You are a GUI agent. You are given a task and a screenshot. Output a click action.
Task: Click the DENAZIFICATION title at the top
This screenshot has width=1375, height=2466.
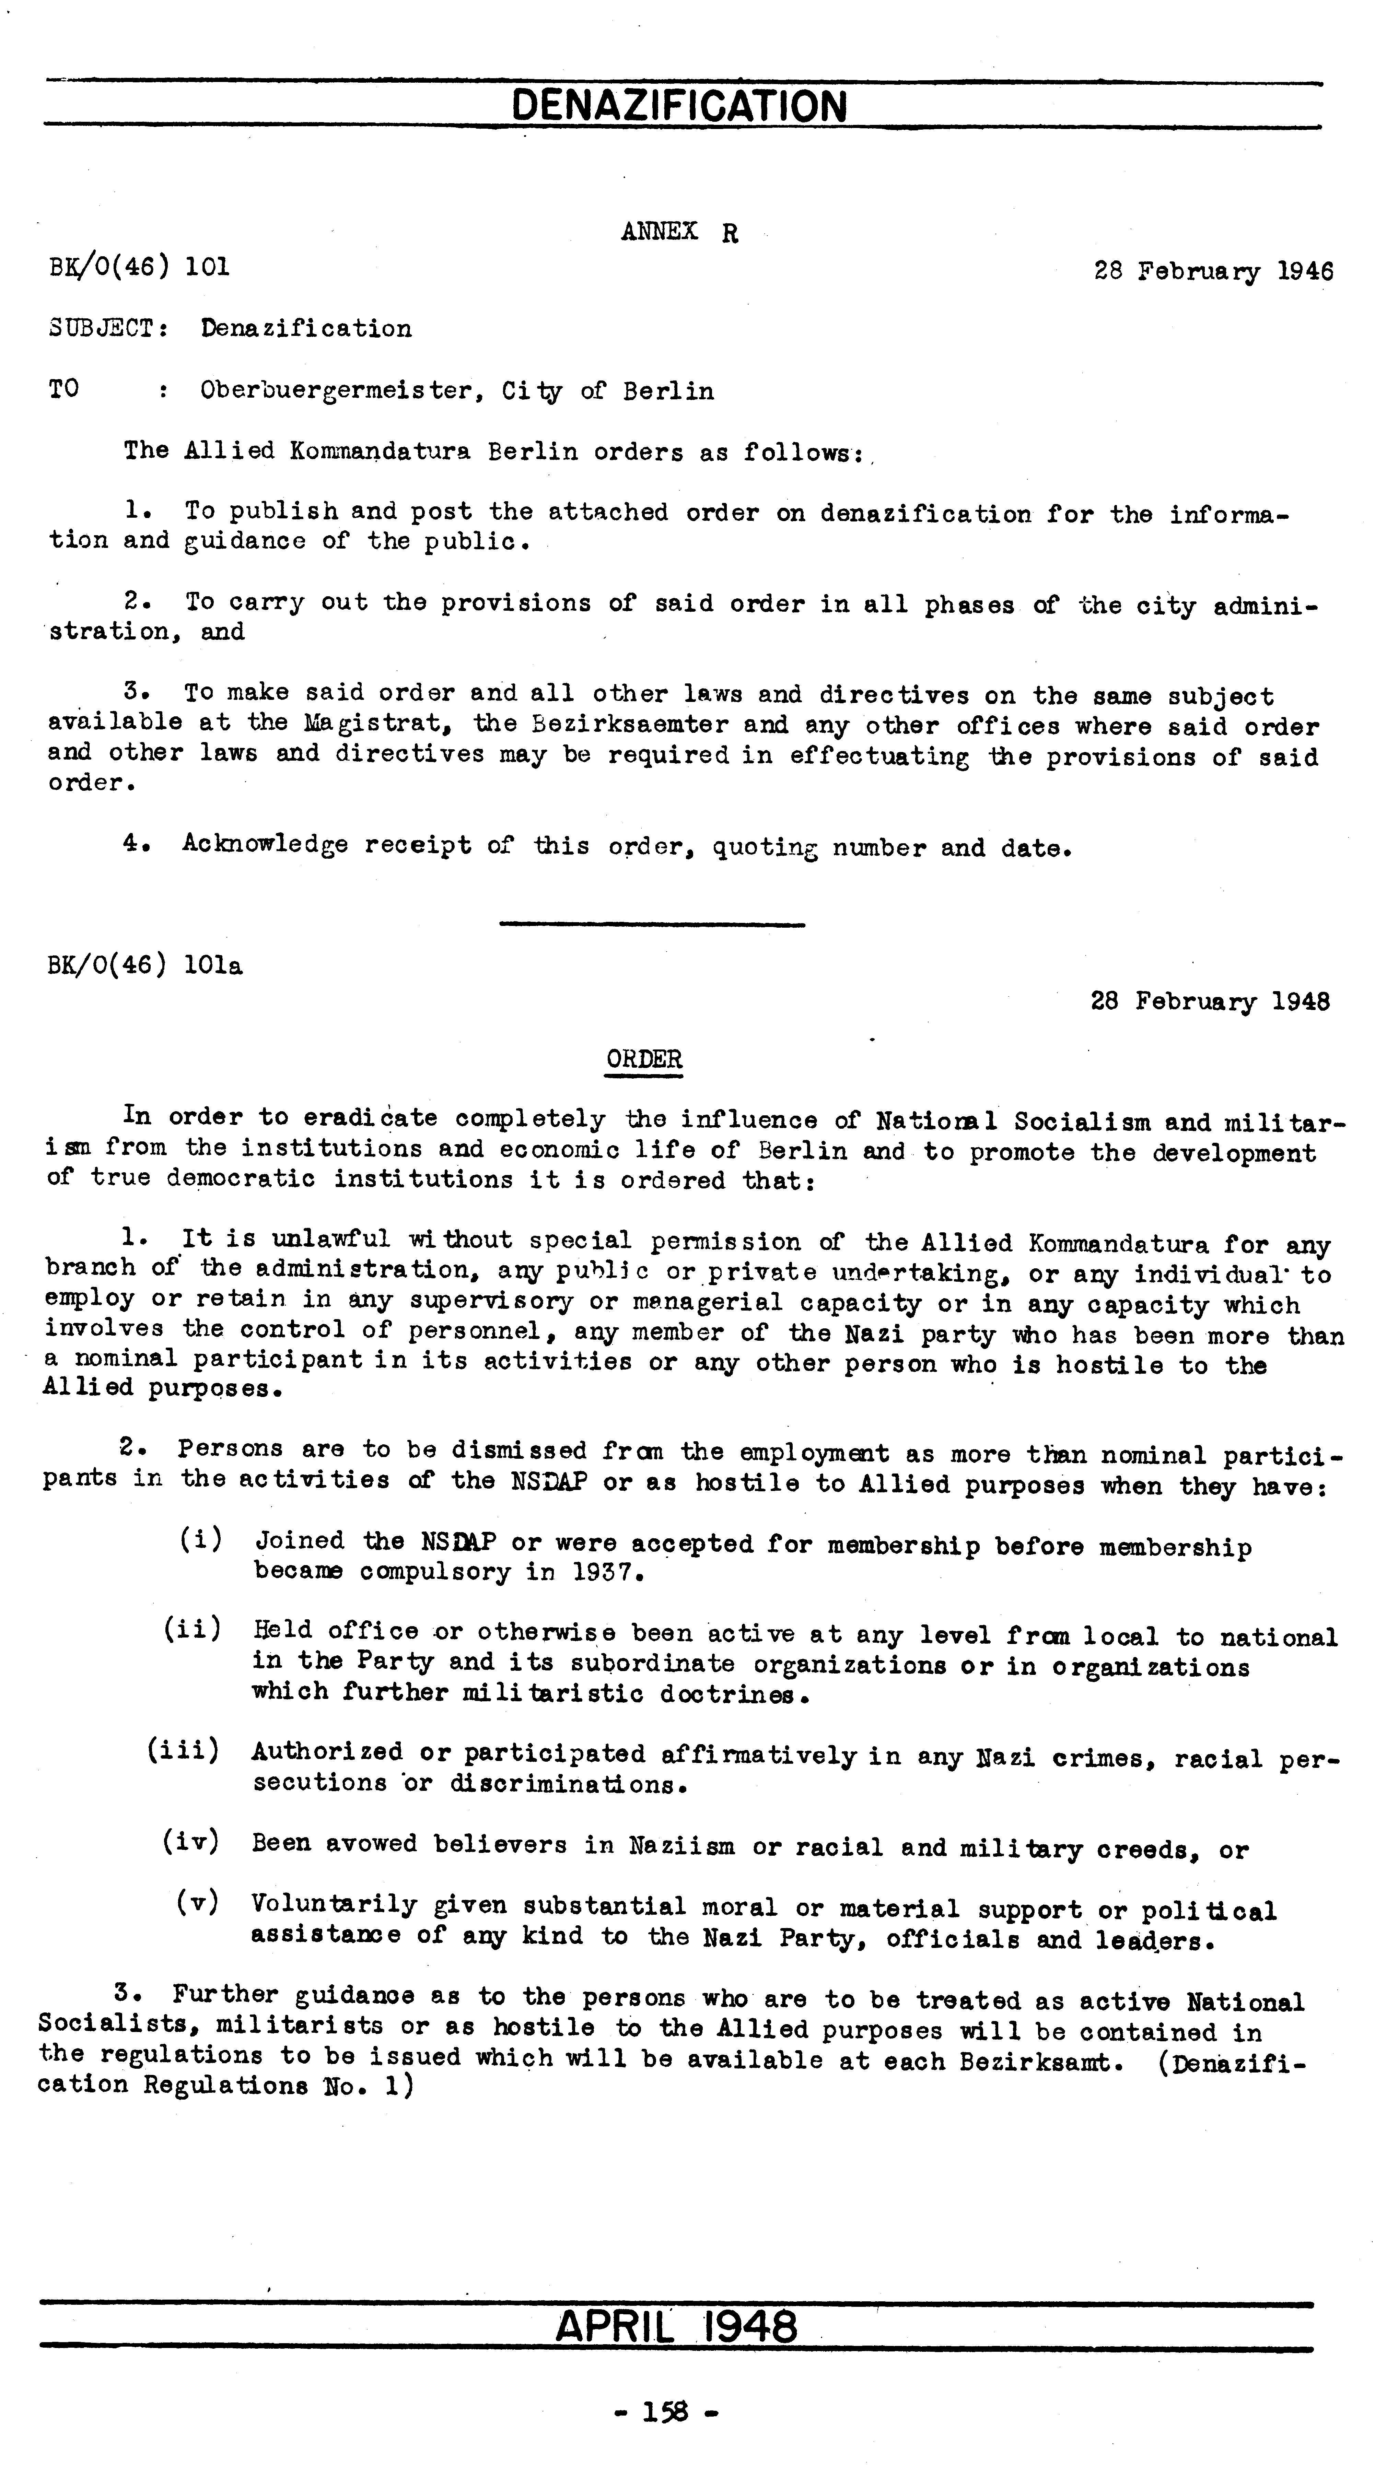[680, 105]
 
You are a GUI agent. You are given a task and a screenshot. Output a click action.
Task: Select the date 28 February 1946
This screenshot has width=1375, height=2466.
[1213, 271]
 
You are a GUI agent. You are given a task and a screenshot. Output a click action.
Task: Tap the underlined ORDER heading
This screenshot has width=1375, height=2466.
[644, 1060]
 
